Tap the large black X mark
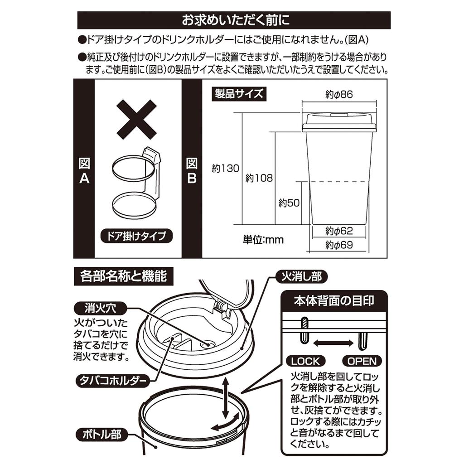136,119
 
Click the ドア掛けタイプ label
136,236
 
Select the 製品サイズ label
238,94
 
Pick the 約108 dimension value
259,178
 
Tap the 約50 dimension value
289,203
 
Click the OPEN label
362,361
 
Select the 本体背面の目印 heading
334,301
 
